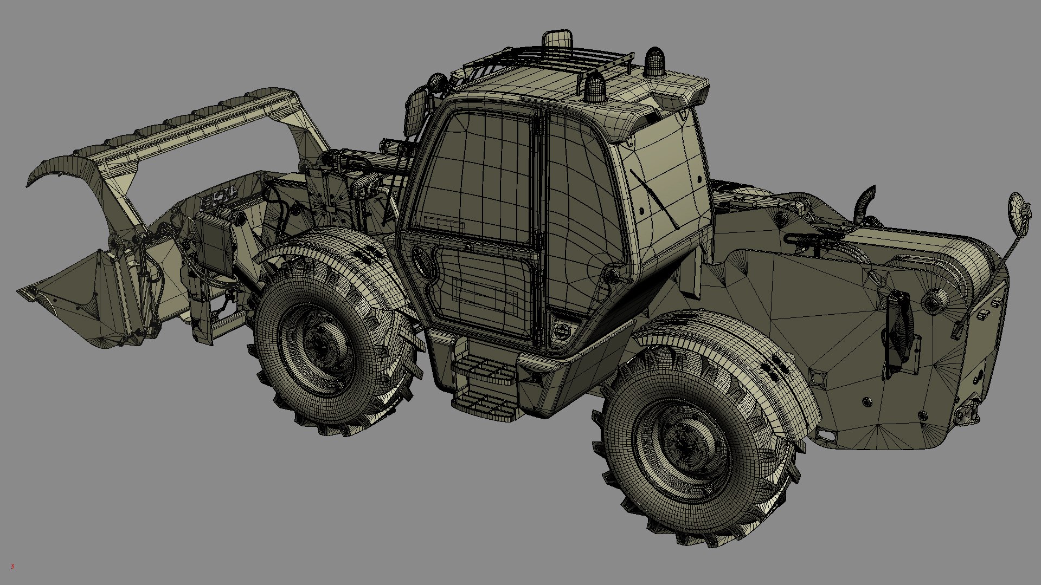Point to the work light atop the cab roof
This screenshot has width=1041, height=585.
pyautogui.click(x=557, y=41)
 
